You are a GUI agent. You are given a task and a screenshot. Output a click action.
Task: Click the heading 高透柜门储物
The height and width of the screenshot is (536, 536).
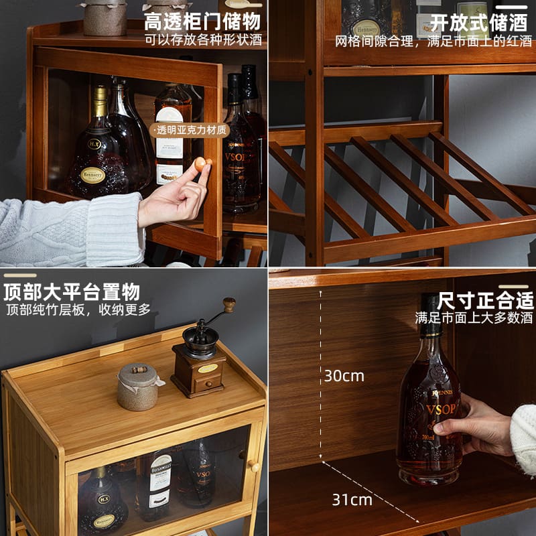point(202,21)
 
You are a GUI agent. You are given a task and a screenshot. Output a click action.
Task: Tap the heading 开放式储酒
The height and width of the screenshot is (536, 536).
point(478,22)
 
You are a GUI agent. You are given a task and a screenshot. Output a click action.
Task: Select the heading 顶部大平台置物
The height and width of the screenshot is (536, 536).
point(72,292)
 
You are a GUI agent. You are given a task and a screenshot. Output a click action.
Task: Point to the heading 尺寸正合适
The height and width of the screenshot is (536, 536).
point(485,299)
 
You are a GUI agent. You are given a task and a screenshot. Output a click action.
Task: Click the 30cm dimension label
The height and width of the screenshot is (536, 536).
point(344,375)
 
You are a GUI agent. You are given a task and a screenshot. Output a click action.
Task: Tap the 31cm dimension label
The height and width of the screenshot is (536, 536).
point(352,499)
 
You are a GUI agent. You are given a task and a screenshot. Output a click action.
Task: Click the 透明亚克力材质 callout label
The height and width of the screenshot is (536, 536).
point(191,131)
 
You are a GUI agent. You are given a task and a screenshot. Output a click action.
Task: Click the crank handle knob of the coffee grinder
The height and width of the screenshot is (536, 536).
point(229,305)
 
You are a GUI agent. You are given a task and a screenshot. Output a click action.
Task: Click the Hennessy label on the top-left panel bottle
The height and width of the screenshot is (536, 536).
point(92,176)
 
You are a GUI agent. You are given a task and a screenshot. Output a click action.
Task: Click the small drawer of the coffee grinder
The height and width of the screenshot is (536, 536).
point(208,383)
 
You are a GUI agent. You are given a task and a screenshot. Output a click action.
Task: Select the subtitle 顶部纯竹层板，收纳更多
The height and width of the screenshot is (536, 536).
point(78,310)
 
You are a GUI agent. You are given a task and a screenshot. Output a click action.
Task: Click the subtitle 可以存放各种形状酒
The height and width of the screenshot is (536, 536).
point(203,40)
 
